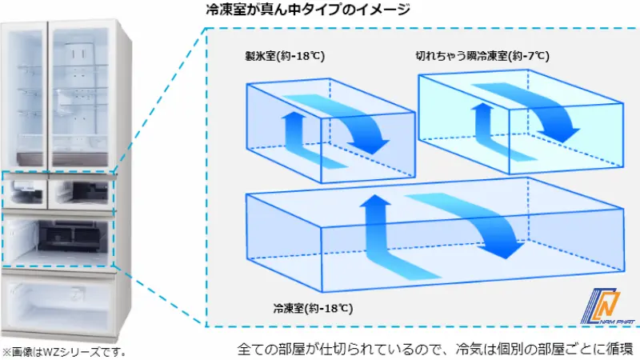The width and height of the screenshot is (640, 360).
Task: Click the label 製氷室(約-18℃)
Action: point(285,56)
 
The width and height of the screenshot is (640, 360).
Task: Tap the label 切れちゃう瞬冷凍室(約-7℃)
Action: point(482,55)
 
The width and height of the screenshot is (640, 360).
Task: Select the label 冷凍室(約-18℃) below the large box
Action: point(313,308)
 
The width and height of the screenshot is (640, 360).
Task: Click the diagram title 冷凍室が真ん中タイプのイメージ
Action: point(308,9)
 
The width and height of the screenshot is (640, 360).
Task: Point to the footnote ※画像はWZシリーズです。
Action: point(64,352)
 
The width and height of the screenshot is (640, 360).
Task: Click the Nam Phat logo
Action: point(607,306)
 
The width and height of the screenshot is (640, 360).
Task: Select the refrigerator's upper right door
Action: point(82,93)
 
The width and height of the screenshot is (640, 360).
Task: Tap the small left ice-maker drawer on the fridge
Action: point(26,192)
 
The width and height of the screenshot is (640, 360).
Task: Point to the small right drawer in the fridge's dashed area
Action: point(81,192)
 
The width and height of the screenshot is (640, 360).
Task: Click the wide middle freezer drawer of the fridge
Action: point(58,238)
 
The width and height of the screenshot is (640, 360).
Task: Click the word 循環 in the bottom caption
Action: point(619,350)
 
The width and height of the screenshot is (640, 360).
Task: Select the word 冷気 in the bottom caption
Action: point(470,350)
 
